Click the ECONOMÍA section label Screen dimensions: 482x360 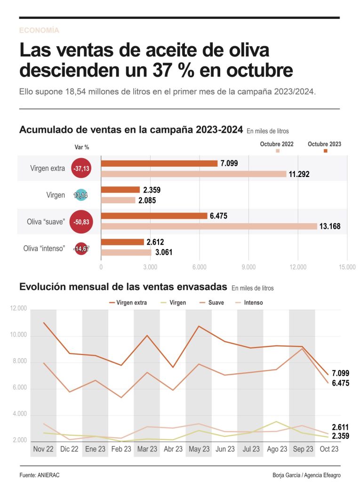[x=39, y=30]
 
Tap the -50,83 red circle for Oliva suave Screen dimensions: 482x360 [x=81, y=222]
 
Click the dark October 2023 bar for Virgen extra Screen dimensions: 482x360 [x=159, y=163]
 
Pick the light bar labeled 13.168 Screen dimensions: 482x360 [x=209, y=226]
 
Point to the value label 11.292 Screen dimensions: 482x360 [x=299, y=174]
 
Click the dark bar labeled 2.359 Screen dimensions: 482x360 [x=120, y=190]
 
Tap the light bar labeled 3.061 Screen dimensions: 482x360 [x=126, y=252]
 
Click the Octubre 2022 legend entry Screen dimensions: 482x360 [x=277, y=145]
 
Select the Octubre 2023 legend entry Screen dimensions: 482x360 [x=324, y=145]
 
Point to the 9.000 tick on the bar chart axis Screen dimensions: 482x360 [x=248, y=267]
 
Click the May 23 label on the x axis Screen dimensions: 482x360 [x=199, y=449]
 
